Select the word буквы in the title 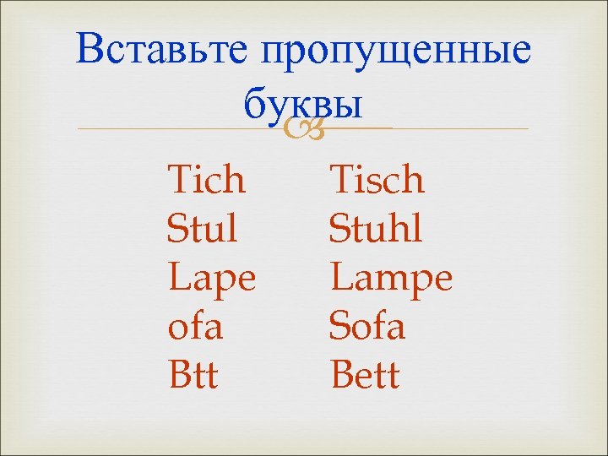pyautogui.click(x=302, y=105)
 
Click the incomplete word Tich pyautogui.click(x=207, y=180)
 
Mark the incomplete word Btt pyautogui.click(x=193, y=375)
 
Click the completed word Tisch pyautogui.click(x=377, y=180)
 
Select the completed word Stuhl pyautogui.click(x=376, y=229)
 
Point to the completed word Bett pyautogui.click(x=365, y=375)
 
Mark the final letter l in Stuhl pyautogui.click(x=419, y=228)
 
